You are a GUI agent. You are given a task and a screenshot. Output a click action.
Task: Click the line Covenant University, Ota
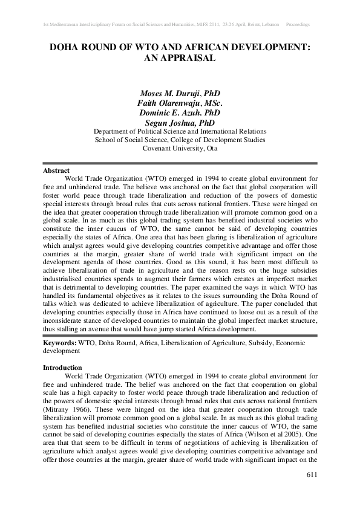pyautogui.click(x=180, y=148)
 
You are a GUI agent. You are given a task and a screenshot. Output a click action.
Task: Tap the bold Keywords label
pyautogui.click(x=60, y=342)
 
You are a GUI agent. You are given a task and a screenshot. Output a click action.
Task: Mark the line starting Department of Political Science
pyautogui.click(x=180, y=131)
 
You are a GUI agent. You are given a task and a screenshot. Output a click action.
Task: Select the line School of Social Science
pyautogui.click(x=180, y=140)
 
